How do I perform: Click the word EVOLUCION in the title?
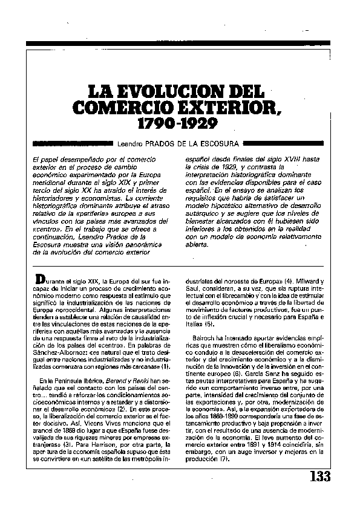click(161, 93)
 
